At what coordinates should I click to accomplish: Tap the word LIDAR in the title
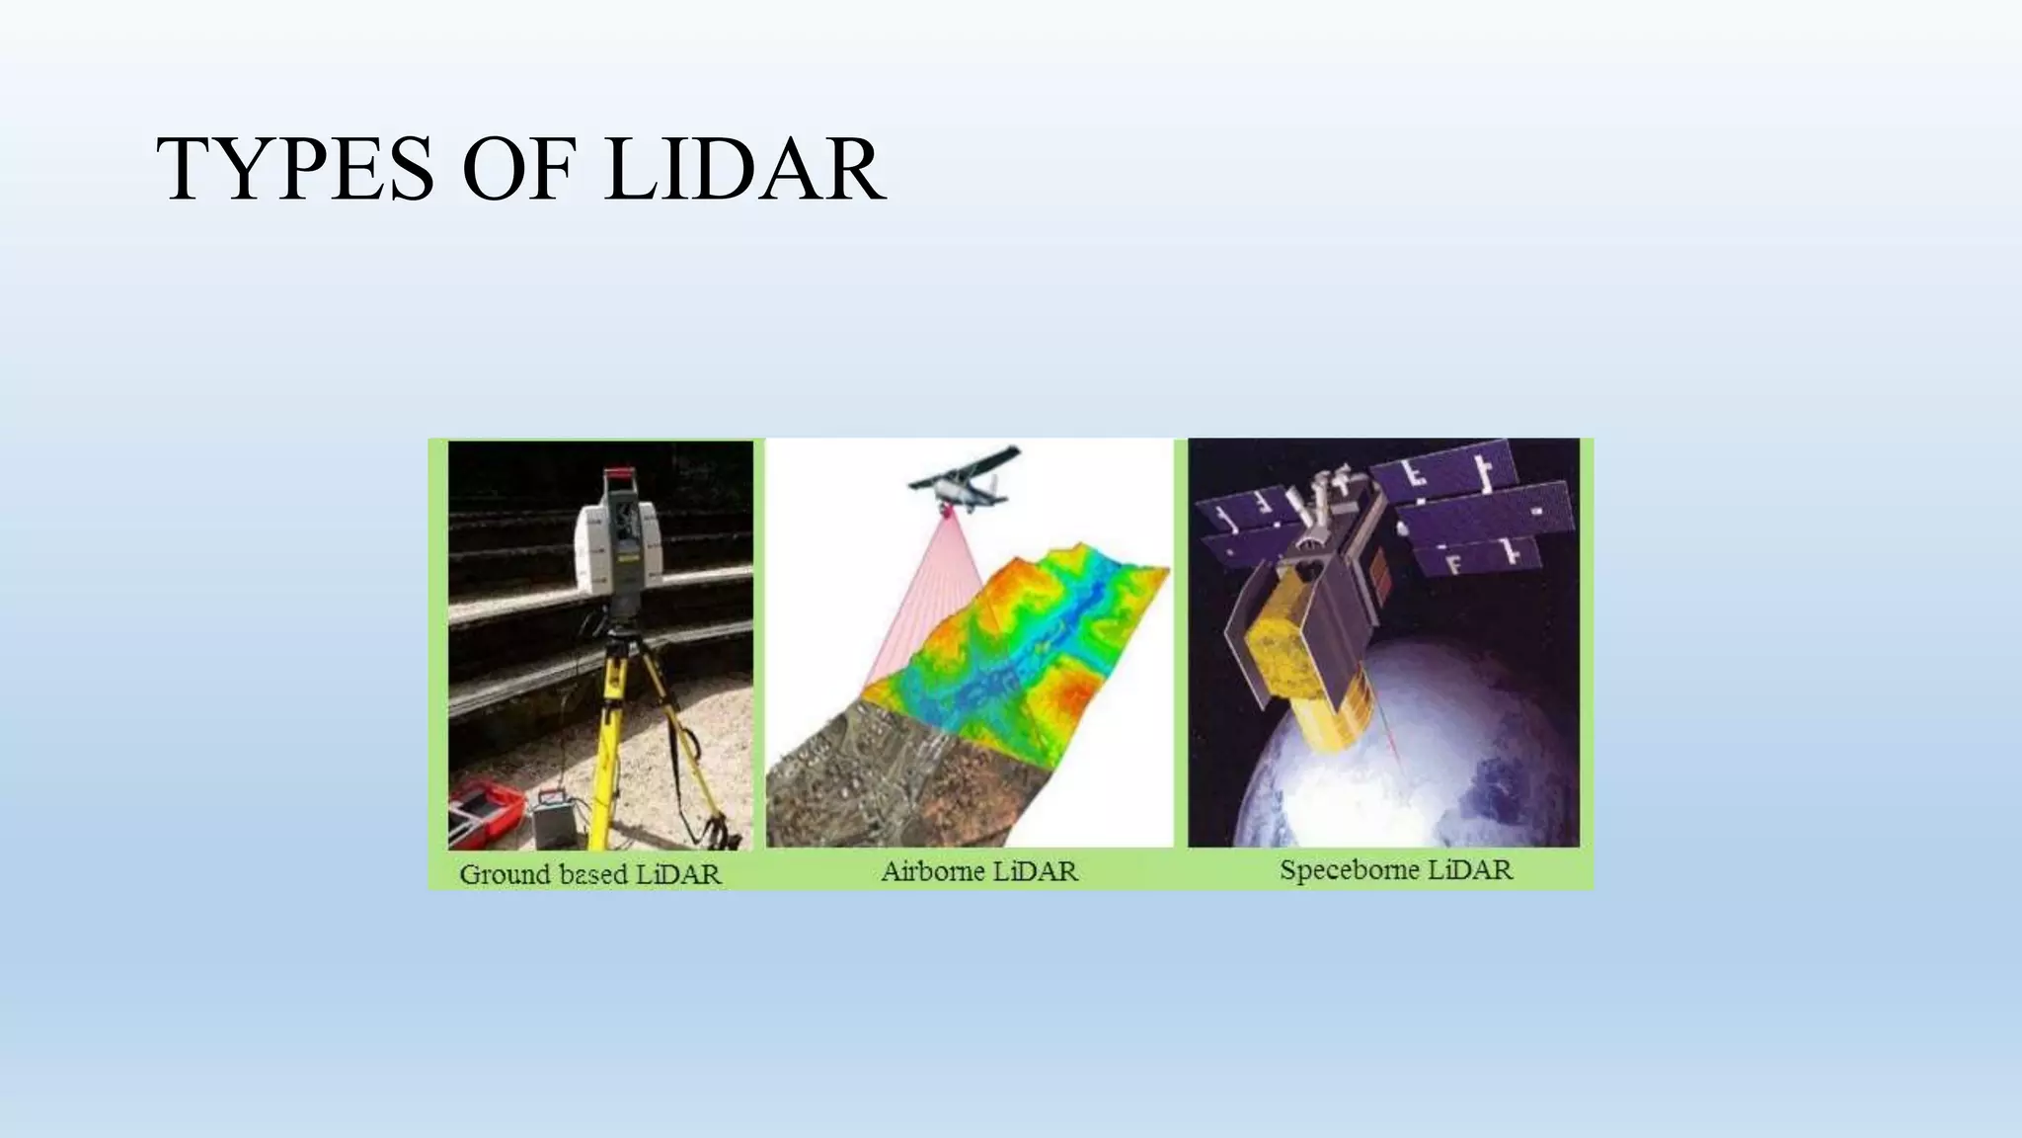pyautogui.click(x=744, y=170)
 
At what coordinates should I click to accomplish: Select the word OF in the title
pyautogui.click(x=517, y=170)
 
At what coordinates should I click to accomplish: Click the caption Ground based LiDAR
pyautogui.click(x=590, y=874)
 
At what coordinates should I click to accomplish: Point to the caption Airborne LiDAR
pyautogui.click(x=978, y=871)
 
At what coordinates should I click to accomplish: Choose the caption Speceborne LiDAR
pyautogui.click(x=1395, y=870)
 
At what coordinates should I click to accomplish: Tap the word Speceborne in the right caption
pyautogui.click(x=1349, y=870)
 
